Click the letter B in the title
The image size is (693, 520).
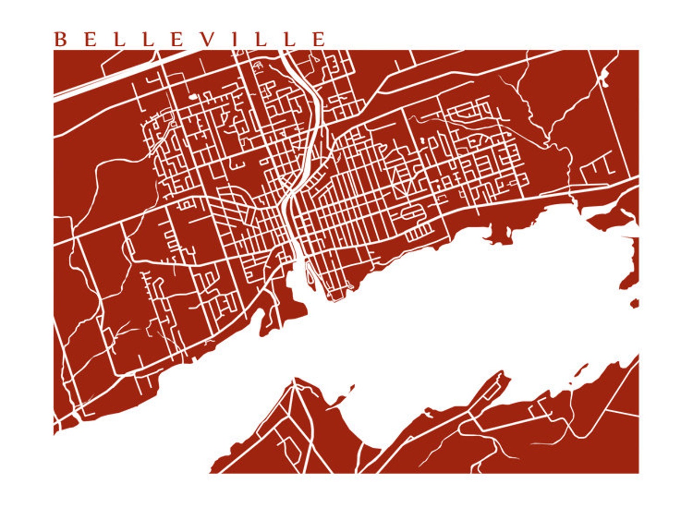(x=60, y=39)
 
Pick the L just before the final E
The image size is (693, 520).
(x=291, y=39)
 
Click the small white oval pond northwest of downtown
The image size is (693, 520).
(x=192, y=97)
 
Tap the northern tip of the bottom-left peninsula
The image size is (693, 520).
(x=295, y=380)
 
